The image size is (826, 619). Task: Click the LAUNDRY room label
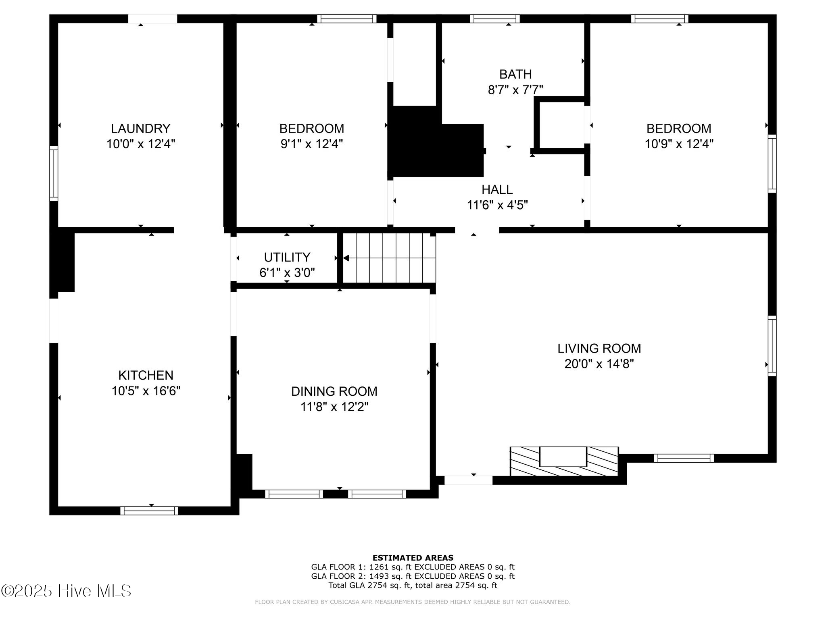click(140, 129)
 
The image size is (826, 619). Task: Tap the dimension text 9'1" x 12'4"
click(311, 144)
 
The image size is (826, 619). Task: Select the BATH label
click(515, 74)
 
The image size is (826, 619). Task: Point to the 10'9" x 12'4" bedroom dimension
click(679, 144)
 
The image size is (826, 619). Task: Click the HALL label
click(497, 189)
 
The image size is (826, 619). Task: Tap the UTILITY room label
click(287, 257)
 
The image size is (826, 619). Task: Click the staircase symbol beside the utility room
click(390, 258)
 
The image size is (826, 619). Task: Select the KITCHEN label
click(146, 375)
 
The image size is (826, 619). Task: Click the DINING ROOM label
click(334, 391)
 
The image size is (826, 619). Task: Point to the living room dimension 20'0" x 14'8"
click(599, 364)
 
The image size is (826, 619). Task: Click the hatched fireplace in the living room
click(564, 462)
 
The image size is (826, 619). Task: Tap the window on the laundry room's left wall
click(54, 173)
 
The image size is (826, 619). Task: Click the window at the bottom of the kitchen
click(149, 511)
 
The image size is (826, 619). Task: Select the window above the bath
click(494, 19)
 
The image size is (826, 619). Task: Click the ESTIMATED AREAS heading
click(413, 558)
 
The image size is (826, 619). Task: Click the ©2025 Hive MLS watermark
click(66, 591)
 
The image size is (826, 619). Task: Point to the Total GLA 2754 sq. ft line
click(413, 586)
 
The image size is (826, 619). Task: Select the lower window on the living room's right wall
click(772, 346)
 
